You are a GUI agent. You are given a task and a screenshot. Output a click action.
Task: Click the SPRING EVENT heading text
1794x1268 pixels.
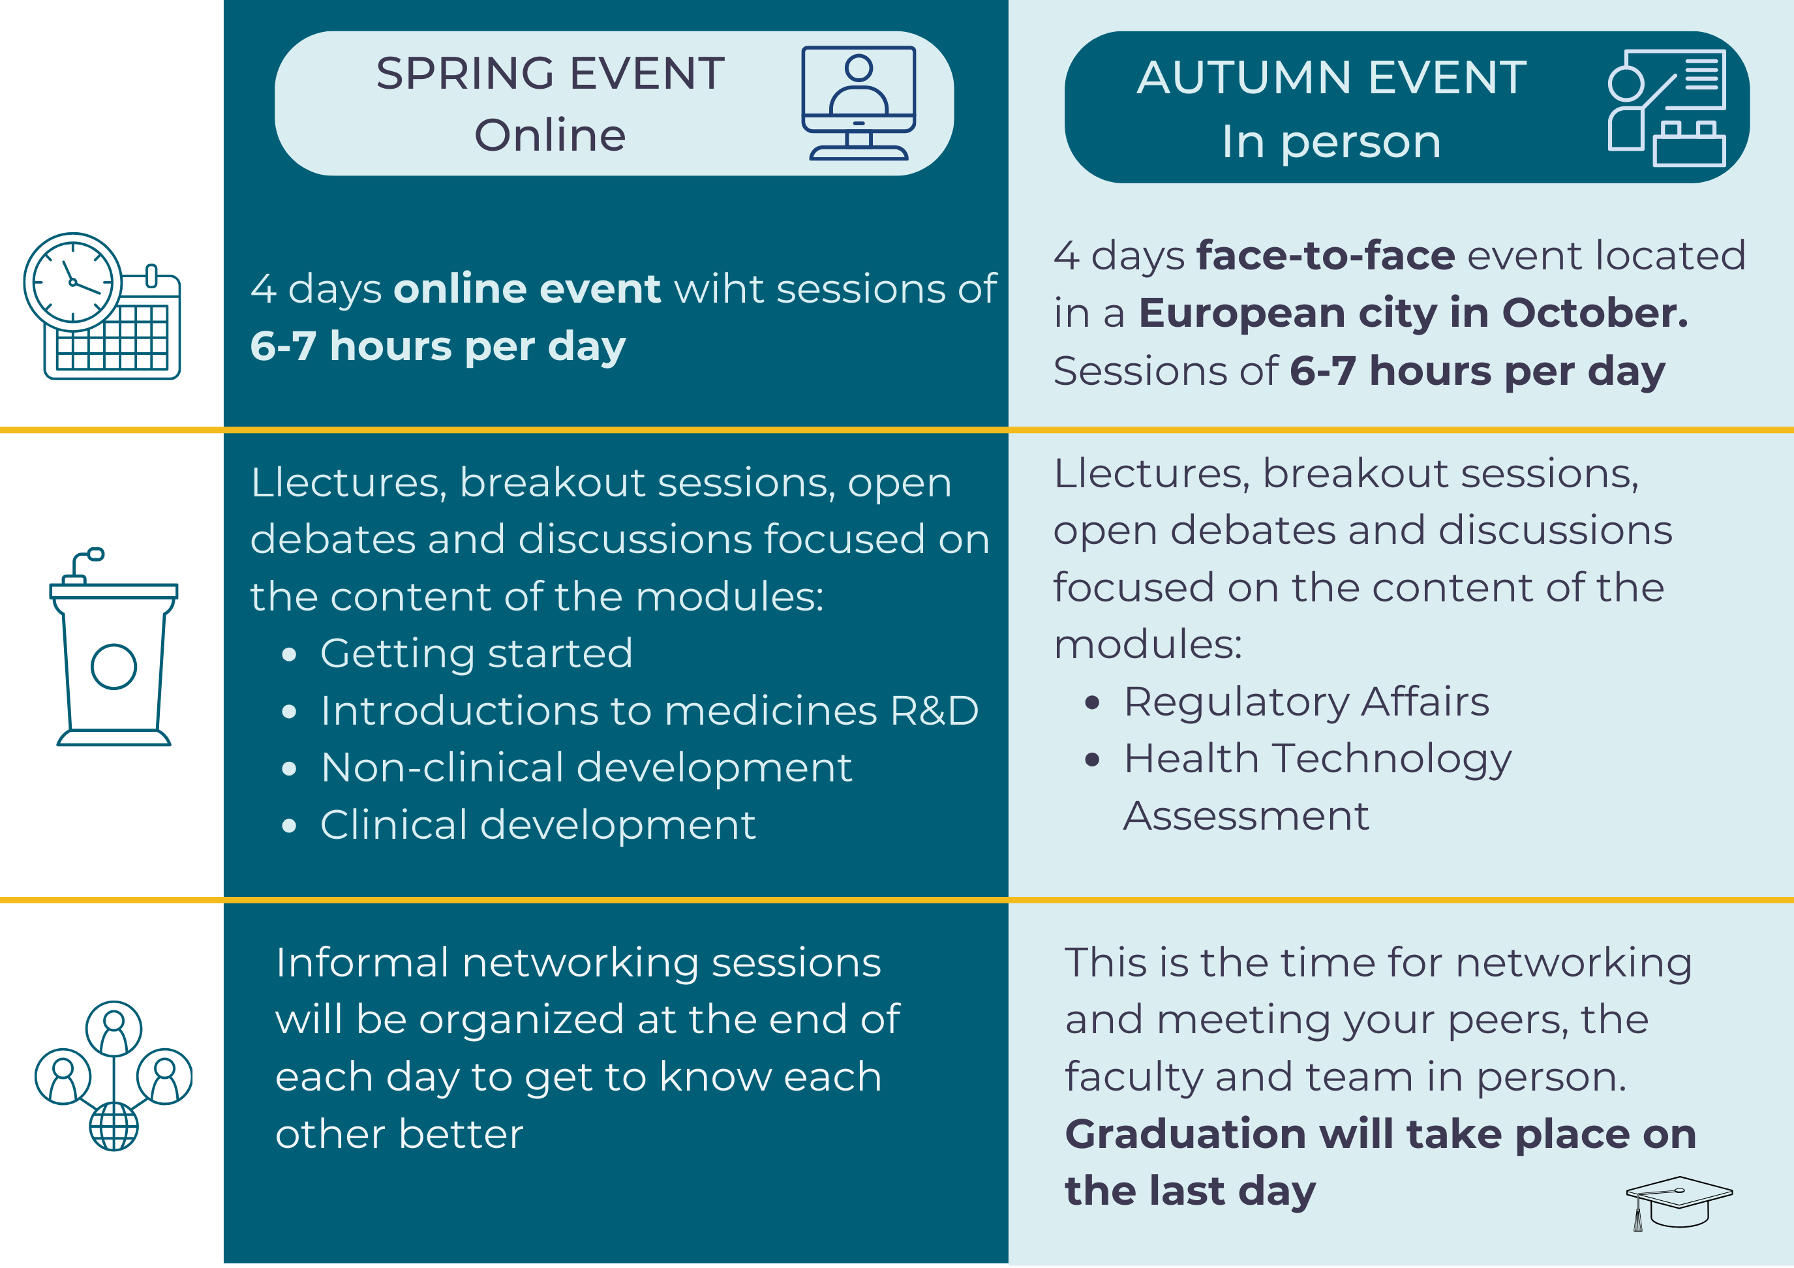pyautogui.click(x=550, y=74)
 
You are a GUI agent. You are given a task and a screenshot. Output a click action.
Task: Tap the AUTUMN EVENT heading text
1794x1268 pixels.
pyautogui.click(x=1331, y=78)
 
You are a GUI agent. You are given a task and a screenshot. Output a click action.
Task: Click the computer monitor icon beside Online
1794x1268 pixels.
pyautogui.click(x=858, y=102)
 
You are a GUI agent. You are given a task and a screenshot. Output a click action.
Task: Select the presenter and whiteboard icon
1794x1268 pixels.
pyautogui.click(x=1666, y=108)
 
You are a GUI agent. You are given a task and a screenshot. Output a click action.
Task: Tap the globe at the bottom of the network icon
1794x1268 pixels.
pyautogui.click(x=114, y=1126)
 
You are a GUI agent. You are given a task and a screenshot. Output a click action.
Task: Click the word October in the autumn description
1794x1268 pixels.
pyautogui.click(x=1593, y=312)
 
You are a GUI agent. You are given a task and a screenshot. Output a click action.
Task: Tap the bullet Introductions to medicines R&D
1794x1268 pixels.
pyautogui.click(x=648, y=711)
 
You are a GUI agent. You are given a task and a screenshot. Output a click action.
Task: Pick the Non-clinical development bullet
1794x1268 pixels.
pyautogui.click(x=585, y=767)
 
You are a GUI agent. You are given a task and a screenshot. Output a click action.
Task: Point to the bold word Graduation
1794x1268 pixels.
pyautogui.click(x=1185, y=1134)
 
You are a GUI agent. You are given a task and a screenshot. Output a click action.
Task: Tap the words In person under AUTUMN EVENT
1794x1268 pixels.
pyautogui.click(x=1331, y=142)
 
